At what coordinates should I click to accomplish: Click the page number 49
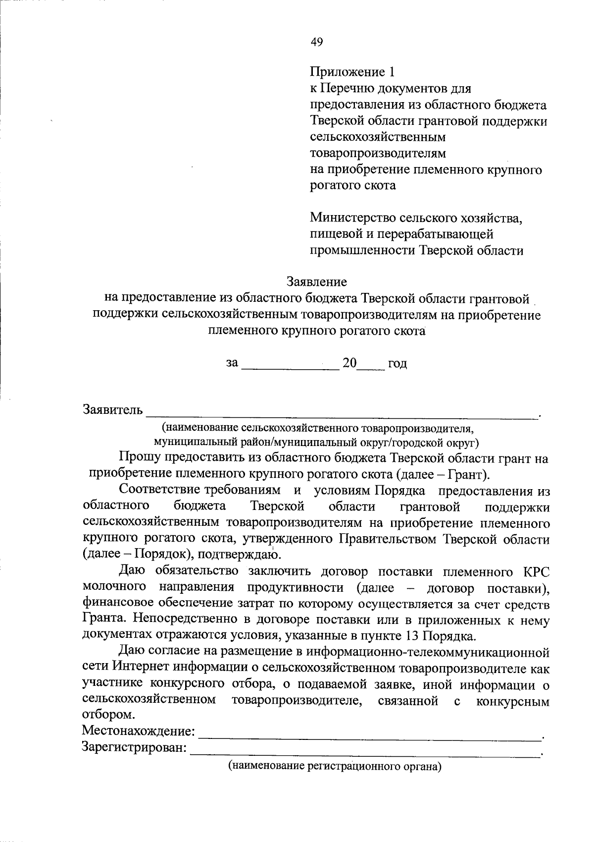point(317,42)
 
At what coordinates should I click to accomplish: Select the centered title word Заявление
point(317,282)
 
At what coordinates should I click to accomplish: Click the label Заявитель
point(113,410)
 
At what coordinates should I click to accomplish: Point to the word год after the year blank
point(397,364)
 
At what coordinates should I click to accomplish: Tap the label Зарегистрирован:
point(134,747)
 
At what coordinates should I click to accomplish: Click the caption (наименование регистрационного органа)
point(334,766)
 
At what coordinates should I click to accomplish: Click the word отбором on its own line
point(107,715)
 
